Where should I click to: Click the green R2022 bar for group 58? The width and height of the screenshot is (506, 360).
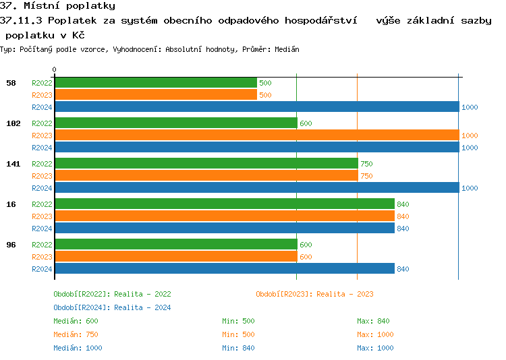tap(155, 83)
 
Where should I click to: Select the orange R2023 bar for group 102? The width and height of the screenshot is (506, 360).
tap(256, 136)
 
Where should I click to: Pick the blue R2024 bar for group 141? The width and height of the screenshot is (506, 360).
tap(256, 188)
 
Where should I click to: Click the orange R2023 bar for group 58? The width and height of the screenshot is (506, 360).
tap(155, 95)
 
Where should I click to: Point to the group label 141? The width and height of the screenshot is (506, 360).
tap(13, 164)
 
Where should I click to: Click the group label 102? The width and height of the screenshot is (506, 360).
tap(13, 123)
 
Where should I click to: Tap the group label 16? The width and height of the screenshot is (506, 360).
tap(11, 204)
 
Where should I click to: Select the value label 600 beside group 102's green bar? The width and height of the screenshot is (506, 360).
tap(306, 123)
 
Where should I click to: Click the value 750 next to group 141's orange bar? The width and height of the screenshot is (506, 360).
tap(366, 176)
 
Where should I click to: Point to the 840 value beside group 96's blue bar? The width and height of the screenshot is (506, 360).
tap(403, 269)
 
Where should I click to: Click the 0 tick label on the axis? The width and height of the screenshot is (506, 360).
tap(55, 69)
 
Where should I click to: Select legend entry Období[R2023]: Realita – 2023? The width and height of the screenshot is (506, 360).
tap(314, 294)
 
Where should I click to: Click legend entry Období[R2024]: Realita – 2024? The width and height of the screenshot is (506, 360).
tap(112, 307)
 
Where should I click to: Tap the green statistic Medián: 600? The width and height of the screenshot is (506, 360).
tap(76, 321)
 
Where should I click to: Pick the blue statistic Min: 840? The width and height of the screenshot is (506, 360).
tap(240, 348)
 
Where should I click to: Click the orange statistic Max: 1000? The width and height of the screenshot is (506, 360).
tap(375, 334)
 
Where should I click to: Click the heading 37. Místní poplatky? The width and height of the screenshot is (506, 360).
tap(57, 5)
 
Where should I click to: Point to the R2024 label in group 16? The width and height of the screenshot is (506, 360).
tap(42, 229)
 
